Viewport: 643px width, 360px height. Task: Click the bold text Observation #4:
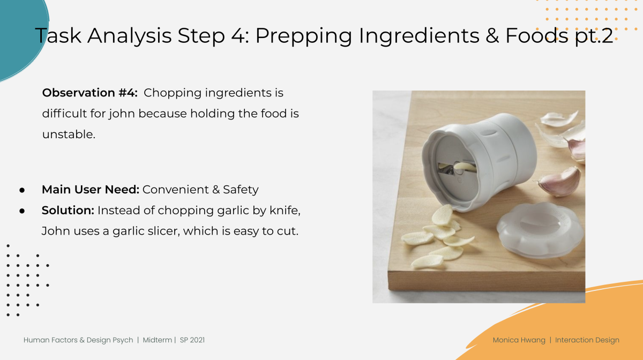click(x=90, y=93)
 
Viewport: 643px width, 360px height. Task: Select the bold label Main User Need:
click(x=91, y=190)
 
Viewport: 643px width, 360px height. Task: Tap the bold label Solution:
click(x=68, y=210)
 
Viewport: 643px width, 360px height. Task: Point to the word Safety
click(x=241, y=190)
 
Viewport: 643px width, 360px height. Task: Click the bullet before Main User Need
click(x=22, y=190)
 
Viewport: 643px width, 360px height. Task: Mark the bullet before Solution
click(x=22, y=211)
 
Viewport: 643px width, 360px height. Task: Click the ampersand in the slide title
click(x=492, y=36)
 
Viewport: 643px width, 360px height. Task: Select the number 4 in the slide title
click(x=237, y=36)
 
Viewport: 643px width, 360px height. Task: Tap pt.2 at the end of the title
click(x=594, y=36)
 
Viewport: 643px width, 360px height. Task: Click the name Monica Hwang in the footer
click(x=519, y=340)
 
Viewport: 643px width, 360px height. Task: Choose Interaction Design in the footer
click(x=587, y=340)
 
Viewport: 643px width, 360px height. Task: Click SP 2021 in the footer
click(x=192, y=340)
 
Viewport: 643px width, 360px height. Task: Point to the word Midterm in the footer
click(x=158, y=340)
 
